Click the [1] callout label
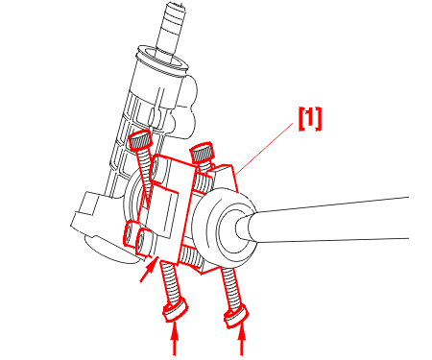click(x=309, y=119)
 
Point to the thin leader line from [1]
click(x=265, y=148)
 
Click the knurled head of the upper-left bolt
click(x=140, y=140)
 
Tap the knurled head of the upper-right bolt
click(x=202, y=152)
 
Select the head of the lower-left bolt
click(x=176, y=309)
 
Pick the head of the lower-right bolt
click(x=236, y=316)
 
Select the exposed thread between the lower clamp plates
click(x=191, y=256)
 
